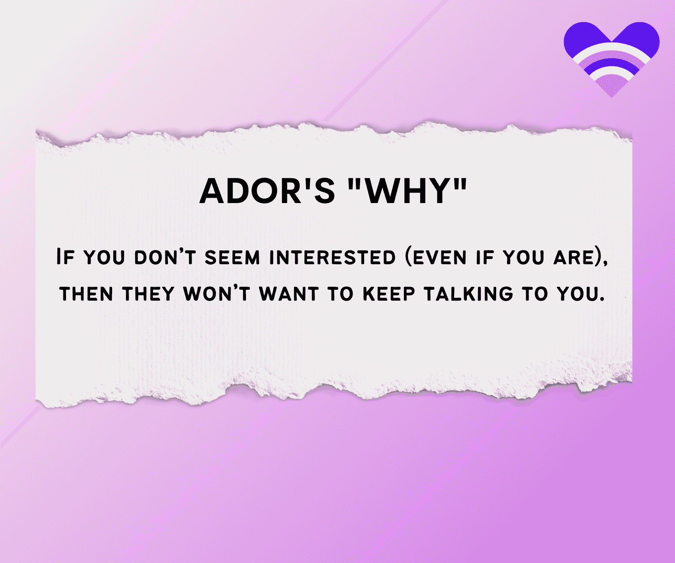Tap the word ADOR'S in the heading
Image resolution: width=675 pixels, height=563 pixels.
[267, 191]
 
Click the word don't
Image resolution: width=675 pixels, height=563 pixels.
[165, 257]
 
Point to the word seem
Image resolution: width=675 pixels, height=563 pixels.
[232, 257]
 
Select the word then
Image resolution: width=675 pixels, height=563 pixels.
[86, 294]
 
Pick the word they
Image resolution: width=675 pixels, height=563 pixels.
[148, 294]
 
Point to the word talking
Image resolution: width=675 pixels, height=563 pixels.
[468, 294]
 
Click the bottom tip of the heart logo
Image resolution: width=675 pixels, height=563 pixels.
[612, 97]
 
